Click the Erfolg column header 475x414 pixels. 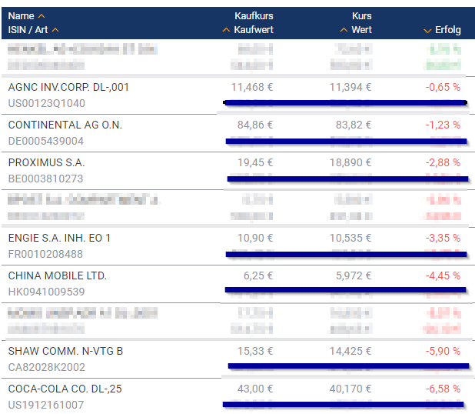pyautogui.click(x=447, y=30)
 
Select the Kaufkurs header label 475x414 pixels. pyautogui.click(x=254, y=16)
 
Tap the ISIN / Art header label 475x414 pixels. pyautogui.click(x=29, y=30)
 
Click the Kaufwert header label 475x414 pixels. pyautogui.click(x=253, y=30)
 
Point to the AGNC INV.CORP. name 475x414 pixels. pyautogui.click(x=68, y=87)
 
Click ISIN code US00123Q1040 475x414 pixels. pyautogui.click(x=46, y=103)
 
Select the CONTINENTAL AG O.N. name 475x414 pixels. pyautogui.click(x=65, y=125)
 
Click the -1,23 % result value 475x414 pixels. pyautogui.click(x=443, y=125)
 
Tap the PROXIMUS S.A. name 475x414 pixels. pyautogui.click(x=46, y=162)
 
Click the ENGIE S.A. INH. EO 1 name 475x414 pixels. pyautogui.click(x=59, y=238)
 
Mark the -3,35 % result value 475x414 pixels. pyautogui.click(x=443, y=238)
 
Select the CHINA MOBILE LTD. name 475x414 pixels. pyautogui.click(x=57, y=275)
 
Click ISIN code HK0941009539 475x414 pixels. pyautogui.click(x=46, y=292)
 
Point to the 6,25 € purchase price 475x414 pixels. pyautogui.click(x=258, y=275)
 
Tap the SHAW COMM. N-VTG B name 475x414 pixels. pyautogui.click(x=65, y=351)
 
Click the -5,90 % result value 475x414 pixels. pyautogui.click(x=443, y=351)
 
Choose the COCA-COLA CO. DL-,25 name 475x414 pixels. pyautogui.click(x=65, y=389)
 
